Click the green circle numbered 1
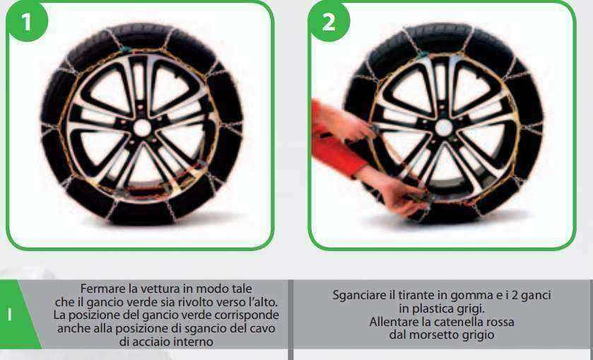pos(26,21)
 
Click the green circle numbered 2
pos(329,21)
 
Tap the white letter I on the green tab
pos(9,315)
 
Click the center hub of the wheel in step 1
pos(142,128)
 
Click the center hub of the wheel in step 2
pos(444,128)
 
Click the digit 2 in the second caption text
pos(522,295)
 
